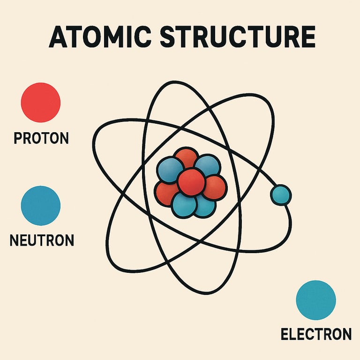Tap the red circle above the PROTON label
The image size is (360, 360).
(x=41, y=102)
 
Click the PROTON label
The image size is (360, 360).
(x=41, y=138)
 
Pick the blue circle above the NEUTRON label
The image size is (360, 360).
(x=41, y=205)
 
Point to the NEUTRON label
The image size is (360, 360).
(x=42, y=241)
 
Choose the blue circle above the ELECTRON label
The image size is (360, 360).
(x=316, y=300)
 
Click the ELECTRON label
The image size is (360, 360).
(x=316, y=334)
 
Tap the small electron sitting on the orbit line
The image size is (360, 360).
(x=281, y=195)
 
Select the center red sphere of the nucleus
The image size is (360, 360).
(x=191, y=182)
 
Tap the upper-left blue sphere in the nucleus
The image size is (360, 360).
(x=170, y=169)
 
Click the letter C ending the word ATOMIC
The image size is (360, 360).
(x=146, y=37)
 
